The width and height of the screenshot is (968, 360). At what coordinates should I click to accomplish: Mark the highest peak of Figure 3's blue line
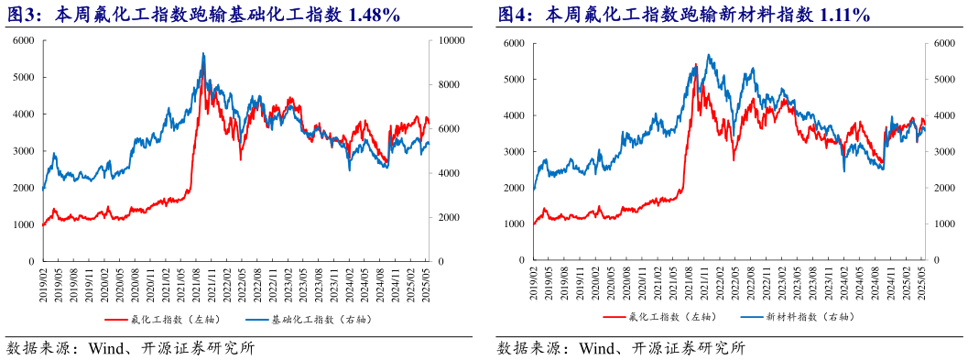(203, 54)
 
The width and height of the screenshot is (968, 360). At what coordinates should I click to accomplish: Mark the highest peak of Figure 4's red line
(696, 64)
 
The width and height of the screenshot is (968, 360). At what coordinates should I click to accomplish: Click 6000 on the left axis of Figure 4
(514, 43)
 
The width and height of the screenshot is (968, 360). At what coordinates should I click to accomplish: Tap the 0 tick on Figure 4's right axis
(936, 261)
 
